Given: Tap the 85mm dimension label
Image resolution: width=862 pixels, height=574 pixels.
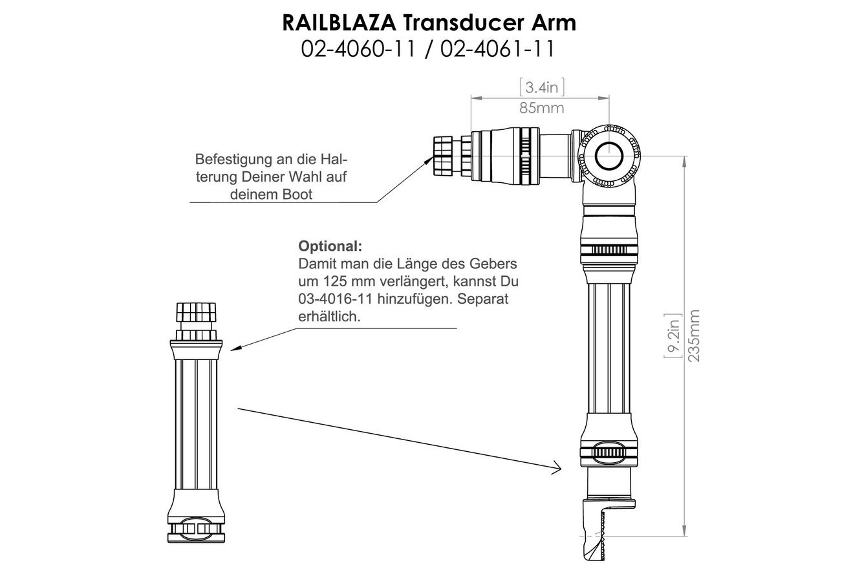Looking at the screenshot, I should (x=541, y=107).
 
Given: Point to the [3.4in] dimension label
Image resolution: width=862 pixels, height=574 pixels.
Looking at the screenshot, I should (x=541, y=87).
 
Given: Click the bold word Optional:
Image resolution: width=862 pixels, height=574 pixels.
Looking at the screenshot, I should (x=330, y=246).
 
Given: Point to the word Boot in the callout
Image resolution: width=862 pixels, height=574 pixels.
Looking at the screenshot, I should (x=298, y=195).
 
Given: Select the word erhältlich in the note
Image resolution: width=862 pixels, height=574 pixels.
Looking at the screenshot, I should (x=329, y=317).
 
